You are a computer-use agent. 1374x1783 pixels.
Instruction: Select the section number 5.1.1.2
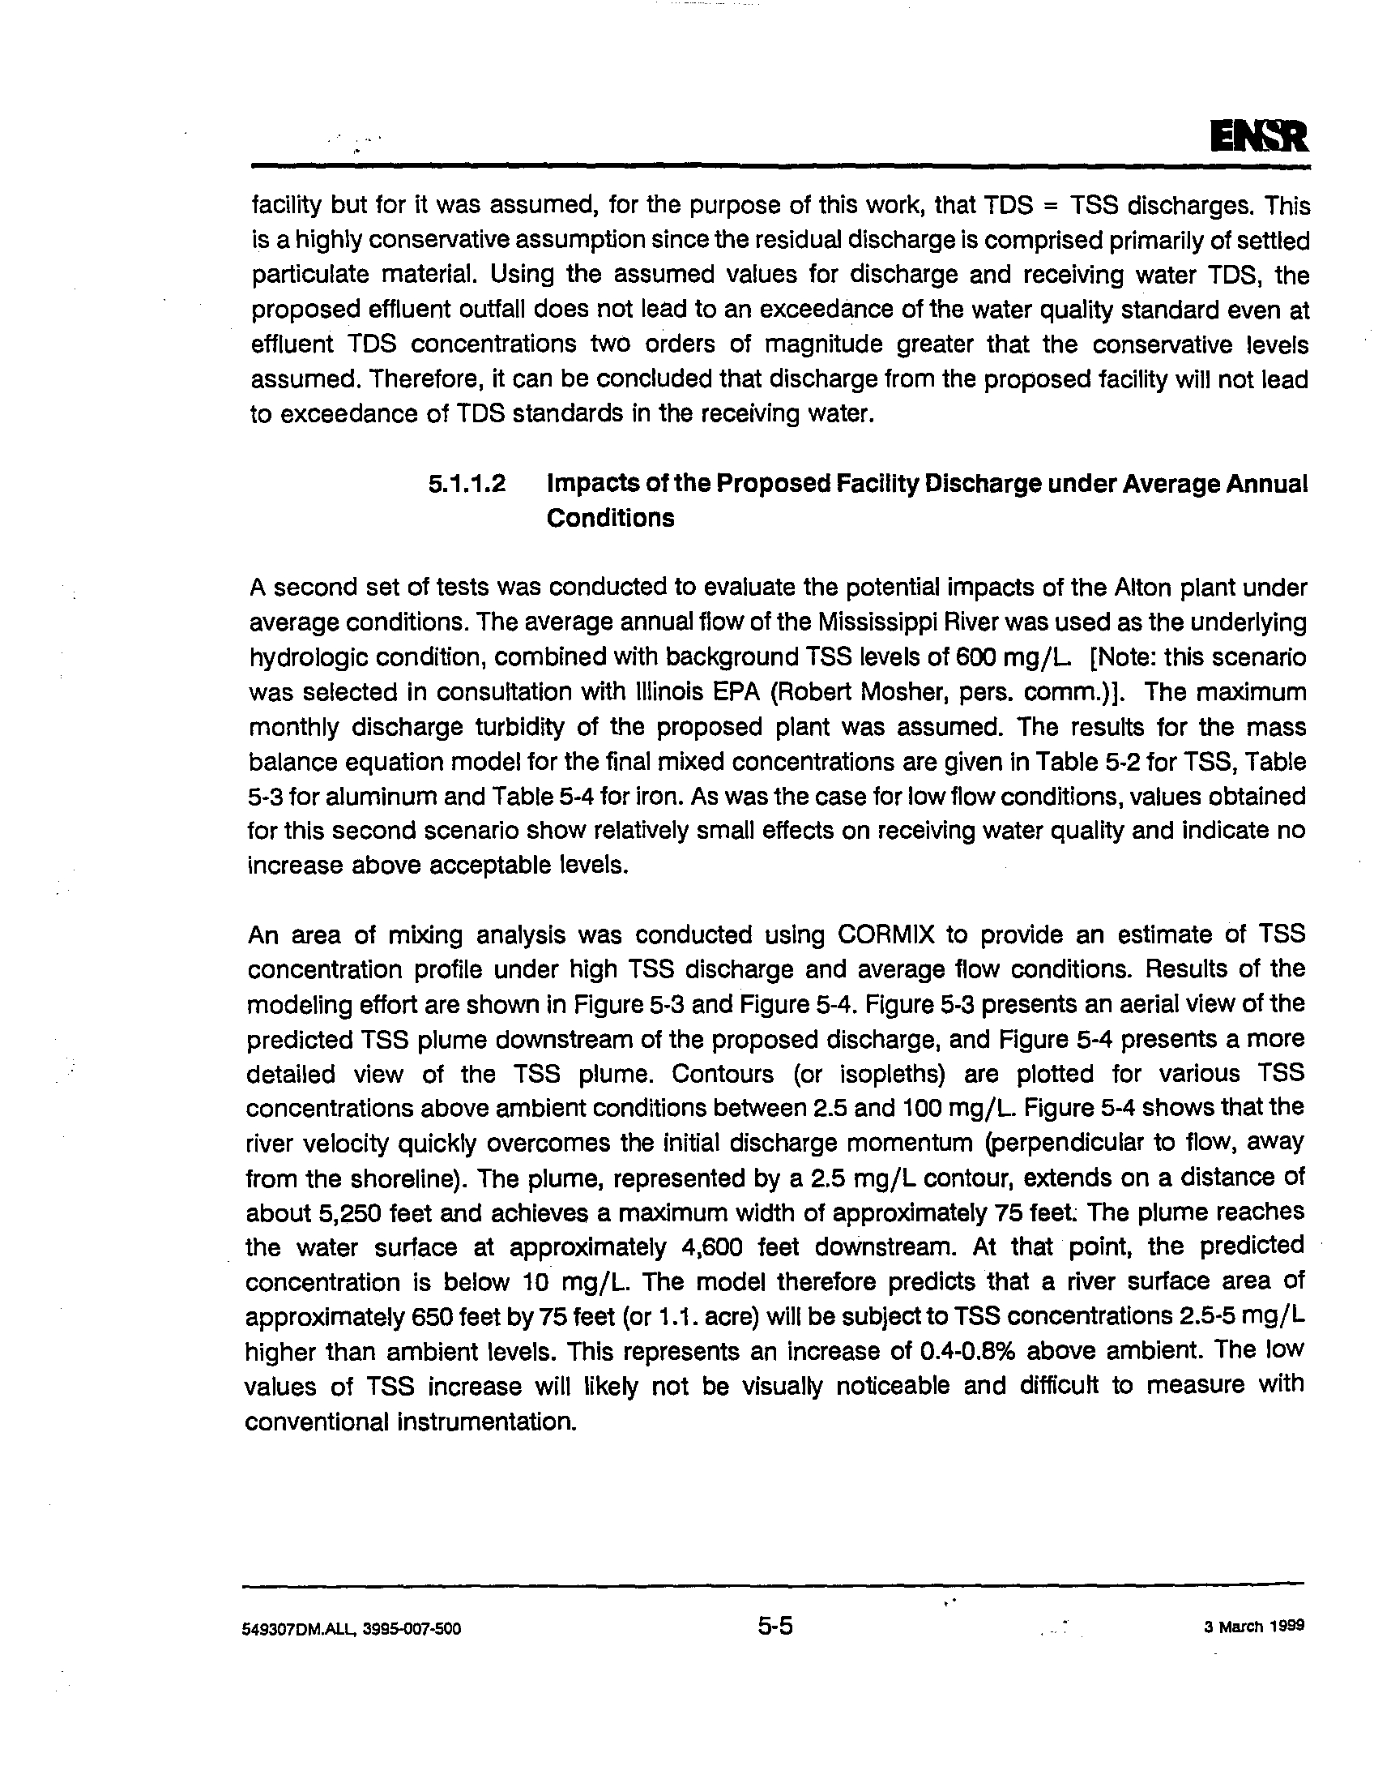pos(467,484)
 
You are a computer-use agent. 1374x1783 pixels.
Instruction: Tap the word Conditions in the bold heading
pos(609,519)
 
